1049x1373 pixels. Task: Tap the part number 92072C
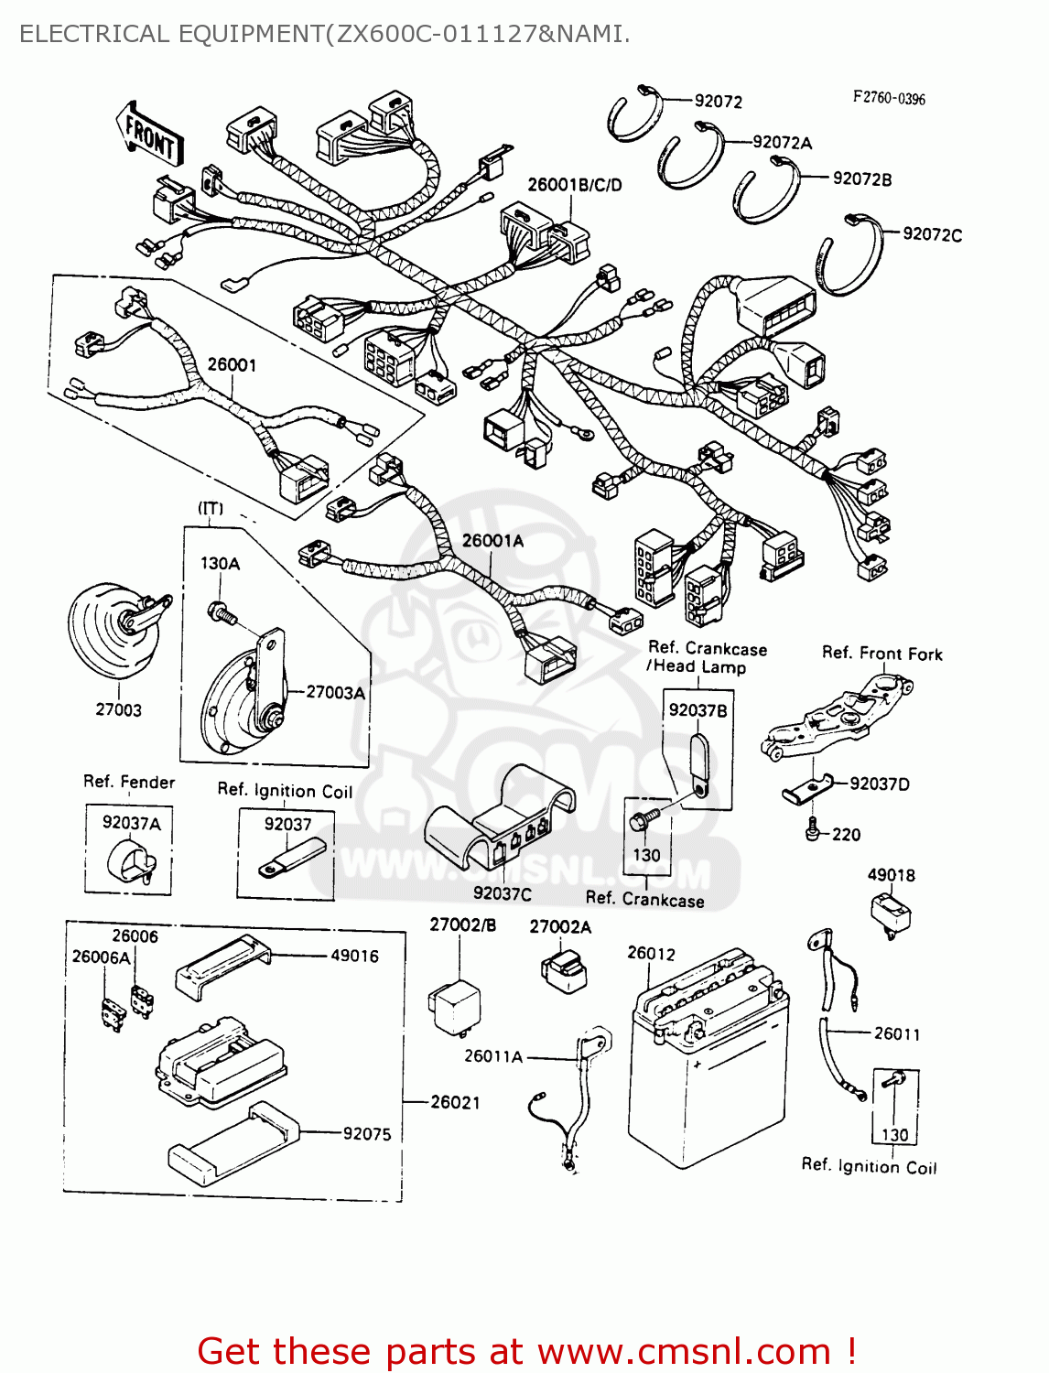[x=932, y=234]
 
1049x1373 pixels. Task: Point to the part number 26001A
[x=492, y=541]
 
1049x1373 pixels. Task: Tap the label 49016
[x=354, y=956]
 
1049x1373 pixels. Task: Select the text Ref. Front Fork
[x=881, y=654]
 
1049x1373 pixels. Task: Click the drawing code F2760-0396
[x=889, y=98]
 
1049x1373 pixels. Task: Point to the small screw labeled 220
[x=812, y=831]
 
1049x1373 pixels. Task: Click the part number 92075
[x=367, y=1134]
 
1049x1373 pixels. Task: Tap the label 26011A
[x=492, y=1056]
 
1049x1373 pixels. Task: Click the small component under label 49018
[x=891, y=913]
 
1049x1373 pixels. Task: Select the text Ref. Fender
[x=128, y=782]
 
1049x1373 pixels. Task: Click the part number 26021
[x=455, y=1102]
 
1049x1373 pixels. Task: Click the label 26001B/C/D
[x=574, y=185]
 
